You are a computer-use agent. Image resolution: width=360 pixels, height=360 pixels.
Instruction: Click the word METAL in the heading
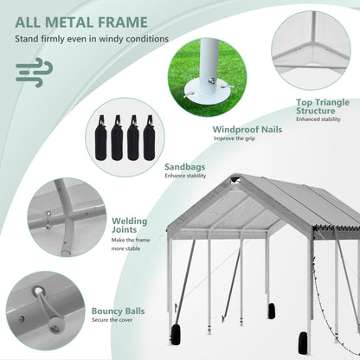pos(68,22)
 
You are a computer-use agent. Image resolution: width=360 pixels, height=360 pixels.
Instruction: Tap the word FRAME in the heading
pos(123,22)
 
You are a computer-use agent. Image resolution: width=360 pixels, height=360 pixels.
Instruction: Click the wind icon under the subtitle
pos(34,72)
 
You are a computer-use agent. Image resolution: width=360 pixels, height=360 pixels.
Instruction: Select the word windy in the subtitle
pos(111,39)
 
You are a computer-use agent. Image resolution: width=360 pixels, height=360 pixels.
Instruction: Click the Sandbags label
pos(185,167)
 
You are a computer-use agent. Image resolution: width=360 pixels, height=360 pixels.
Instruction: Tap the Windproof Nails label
pos(247,130)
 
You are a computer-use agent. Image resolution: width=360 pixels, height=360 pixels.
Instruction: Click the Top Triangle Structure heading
pos(323,106)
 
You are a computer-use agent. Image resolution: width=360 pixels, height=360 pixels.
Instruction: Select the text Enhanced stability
pos(318,119)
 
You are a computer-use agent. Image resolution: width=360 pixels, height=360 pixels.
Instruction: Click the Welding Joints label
pos(129,225)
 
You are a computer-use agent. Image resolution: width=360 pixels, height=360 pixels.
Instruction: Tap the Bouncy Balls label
pos(118,311)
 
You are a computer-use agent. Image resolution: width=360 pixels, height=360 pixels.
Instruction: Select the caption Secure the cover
pos(112,320)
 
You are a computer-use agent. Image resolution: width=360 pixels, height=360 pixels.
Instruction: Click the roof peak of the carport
pos(236,177)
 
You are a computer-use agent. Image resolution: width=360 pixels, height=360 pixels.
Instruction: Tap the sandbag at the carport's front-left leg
pos(176,335)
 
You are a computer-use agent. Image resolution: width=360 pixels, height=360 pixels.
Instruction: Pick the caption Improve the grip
pos(235,138)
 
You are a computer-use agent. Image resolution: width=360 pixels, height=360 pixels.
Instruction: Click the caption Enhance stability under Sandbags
pos(185,176)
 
